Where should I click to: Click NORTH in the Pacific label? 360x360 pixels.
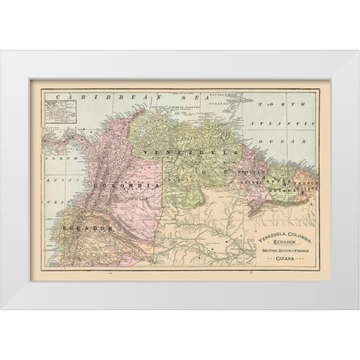52,159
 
